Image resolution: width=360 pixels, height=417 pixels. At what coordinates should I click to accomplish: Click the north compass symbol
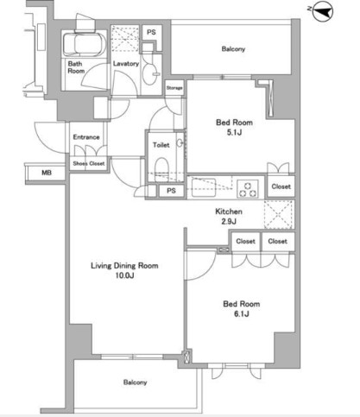tap(323, 11)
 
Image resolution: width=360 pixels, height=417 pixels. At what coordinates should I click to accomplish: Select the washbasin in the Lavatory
tap(151, 74)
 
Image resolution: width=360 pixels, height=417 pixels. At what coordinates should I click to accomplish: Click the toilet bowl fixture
tap(161, 169)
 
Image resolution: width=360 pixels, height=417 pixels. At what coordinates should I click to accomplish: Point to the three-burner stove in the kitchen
tap(248, 189)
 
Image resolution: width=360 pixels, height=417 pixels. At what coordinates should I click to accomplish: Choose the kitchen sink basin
tap(204, 187)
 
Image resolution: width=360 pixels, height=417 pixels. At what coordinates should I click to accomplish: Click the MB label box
tap(46, 173)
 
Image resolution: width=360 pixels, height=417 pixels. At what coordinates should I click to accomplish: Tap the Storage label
tap(174, 88)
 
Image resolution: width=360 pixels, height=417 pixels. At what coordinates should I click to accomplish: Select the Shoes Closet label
tap(89, 163)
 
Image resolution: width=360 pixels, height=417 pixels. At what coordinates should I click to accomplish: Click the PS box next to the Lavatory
tap(152, 33)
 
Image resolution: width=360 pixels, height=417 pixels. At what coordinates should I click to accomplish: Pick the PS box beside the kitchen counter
tap(171, 191)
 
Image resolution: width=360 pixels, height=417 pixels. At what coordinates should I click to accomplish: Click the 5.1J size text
tap(234, 133)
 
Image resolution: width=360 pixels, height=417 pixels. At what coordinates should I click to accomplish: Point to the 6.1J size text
tap(241, 314)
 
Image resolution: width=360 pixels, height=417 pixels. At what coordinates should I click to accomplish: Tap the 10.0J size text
tap(124, 275)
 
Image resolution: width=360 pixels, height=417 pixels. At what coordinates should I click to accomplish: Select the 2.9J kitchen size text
tap(229, 221)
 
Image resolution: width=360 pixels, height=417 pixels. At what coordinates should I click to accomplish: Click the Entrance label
tap(86, 137)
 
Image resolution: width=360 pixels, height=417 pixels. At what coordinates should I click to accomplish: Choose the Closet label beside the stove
tap(281, 186)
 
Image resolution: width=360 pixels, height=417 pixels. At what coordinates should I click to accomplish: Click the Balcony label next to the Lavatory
tap(233, 49)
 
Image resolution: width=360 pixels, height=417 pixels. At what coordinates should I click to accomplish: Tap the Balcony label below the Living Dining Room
tap(135, 382)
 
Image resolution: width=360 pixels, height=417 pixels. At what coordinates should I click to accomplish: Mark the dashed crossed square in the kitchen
tap(279, 214)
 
